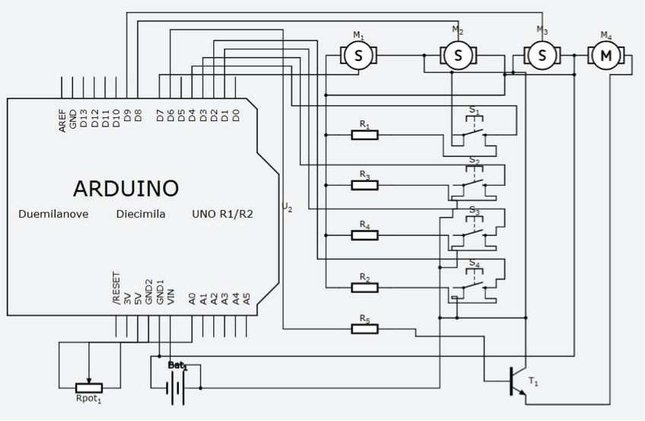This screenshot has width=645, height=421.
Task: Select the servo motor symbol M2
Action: tap(458, 55)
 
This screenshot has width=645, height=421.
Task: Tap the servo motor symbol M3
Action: tap(542, 55)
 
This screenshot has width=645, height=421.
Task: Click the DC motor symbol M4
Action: tap(606, 55)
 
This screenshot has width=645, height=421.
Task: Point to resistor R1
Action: tap(365, 135)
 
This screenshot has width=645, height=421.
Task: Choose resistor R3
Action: tap(365, 185)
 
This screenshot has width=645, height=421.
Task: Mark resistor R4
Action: tap(365, 235)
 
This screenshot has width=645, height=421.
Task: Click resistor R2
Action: tap(365, 287)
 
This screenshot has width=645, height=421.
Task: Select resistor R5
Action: tap(365, 328)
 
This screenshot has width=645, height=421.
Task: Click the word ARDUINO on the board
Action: tap(126, 188)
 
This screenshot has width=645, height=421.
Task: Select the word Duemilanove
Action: tap(53, 214)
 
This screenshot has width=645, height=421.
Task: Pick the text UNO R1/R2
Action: tap(223, 214)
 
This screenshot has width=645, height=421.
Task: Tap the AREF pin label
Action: tap(62, 120)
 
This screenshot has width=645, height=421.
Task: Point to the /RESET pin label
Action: tap(117, 289)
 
